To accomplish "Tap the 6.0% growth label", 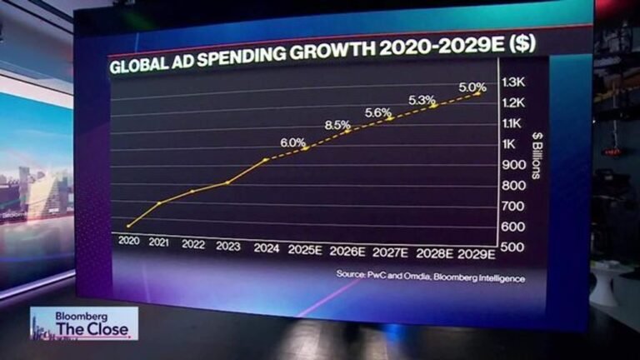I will [293, 142].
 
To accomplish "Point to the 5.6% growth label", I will [377, 112].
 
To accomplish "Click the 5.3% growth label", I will [421, 100].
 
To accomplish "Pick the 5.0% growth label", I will [472, 85].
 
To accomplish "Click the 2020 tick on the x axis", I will [129, 244].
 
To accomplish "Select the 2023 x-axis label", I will [227, 246].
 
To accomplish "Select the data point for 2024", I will [265, 160].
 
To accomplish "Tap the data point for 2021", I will [159, 203].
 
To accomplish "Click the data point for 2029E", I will [477, 93].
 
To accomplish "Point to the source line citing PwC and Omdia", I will [431, 277].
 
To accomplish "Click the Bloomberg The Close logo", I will [83, 323].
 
